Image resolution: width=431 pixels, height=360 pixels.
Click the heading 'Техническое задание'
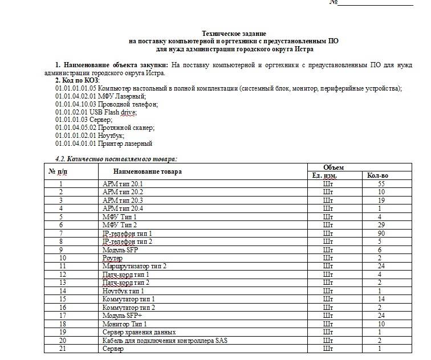point(234,34)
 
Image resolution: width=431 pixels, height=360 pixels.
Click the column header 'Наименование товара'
point(147,171)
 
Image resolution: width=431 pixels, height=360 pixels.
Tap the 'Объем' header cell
point(334,167)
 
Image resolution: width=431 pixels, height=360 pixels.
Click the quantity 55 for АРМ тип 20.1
point(381,184)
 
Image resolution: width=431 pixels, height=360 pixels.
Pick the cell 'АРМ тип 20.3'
point(123,201)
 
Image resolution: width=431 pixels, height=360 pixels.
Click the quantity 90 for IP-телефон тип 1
point(381,234)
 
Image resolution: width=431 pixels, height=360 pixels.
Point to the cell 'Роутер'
point(112,258)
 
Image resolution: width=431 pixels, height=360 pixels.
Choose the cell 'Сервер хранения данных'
point(139,332)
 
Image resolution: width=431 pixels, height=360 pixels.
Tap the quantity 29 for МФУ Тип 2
point(381,225)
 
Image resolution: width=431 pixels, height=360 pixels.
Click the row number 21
point(61,349)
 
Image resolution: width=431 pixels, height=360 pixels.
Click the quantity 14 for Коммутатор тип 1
point(381,299)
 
